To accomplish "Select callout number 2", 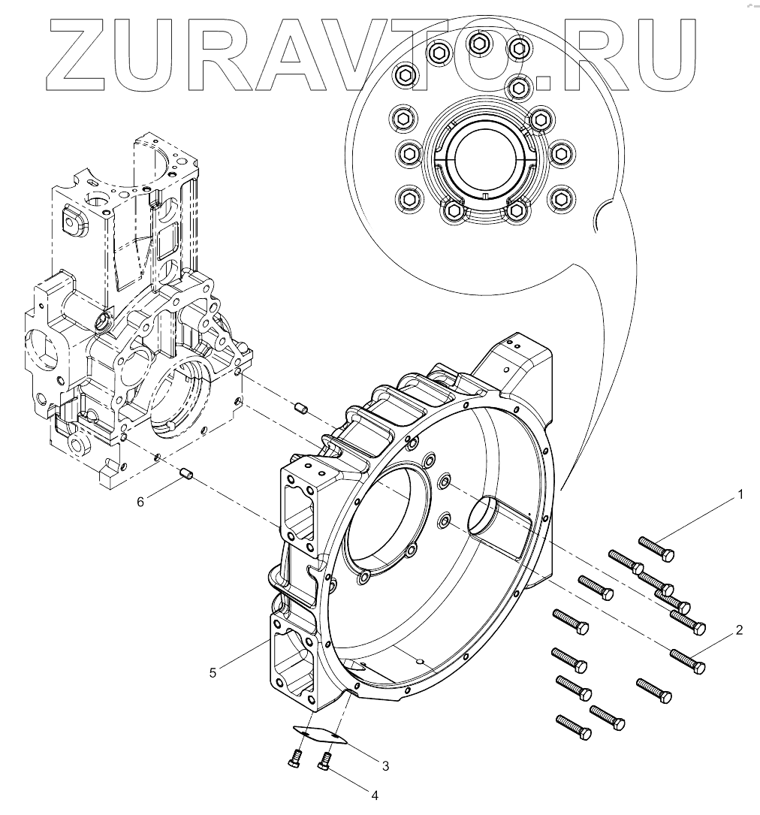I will tap(739, 630).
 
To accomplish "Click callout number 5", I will tap(213, 673).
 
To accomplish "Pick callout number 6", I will tap(140, 501).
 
